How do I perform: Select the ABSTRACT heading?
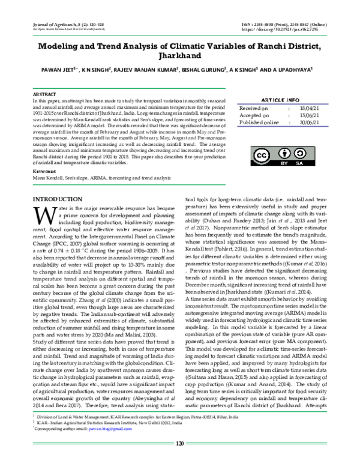click(43, 95)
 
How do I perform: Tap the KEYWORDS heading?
click(43, 171)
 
